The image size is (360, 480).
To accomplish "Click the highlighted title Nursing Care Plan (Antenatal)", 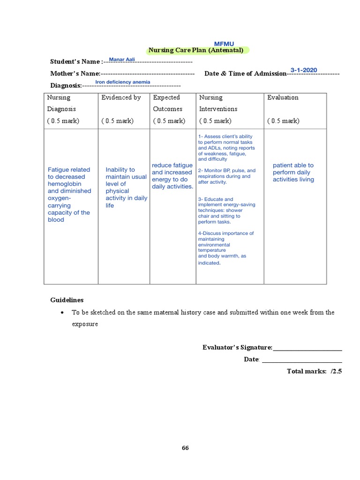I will pos(196,50).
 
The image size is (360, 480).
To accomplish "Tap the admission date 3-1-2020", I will pos(304,70).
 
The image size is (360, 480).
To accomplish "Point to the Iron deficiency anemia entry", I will pos(123,82).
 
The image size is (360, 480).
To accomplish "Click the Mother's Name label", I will pos(75,74).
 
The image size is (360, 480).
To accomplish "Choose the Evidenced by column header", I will pos(121,97).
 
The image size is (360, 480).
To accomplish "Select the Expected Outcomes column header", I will pos(167,103).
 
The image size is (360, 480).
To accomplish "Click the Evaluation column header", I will pos(283,97).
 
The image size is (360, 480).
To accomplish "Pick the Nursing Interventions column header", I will pos(218,103).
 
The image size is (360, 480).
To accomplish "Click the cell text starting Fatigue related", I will pos(69,195).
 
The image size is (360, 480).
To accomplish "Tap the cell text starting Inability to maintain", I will pos(126,187).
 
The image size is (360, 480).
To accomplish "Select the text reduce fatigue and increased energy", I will pos(172,176).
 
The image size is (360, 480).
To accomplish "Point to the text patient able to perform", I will pos(293,172).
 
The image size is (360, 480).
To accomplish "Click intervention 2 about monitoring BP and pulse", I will pos(227,176).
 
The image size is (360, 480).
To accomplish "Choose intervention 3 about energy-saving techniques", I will pos(227,210).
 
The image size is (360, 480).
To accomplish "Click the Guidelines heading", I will pos(67,300).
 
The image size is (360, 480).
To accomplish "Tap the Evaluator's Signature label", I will pos(237,347).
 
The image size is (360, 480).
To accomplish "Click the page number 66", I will pos(185,448).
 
